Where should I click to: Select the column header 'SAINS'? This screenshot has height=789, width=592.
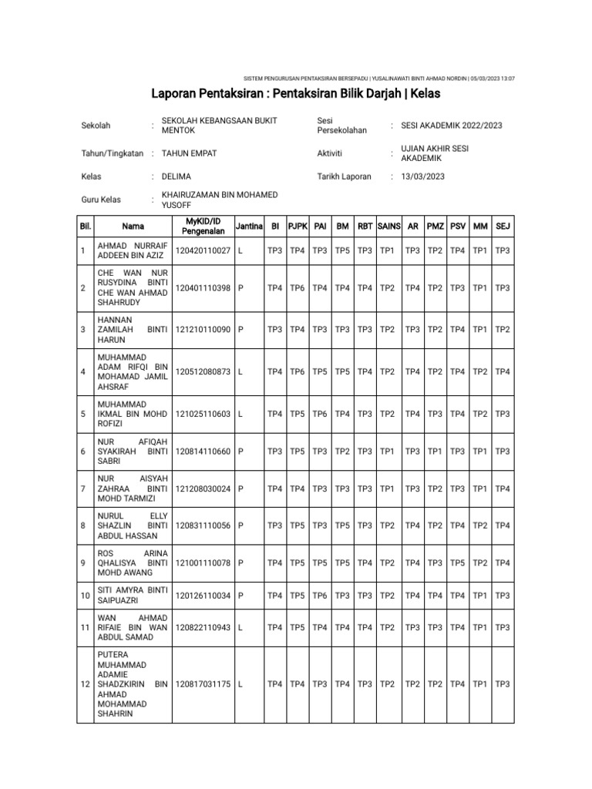coord(388,227)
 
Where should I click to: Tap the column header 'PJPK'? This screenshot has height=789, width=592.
coord(297,227)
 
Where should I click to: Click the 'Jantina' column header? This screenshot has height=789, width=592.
coord(249,227)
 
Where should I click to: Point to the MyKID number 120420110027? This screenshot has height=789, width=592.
coord(203,251)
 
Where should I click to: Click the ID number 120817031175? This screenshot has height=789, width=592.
coord(203,684)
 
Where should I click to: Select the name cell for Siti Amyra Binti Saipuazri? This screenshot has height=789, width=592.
coord(132,595)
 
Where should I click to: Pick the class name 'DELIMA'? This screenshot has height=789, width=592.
coord(176,176)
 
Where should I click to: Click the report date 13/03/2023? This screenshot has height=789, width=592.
coord(422,176)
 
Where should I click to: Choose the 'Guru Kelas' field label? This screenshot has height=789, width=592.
coord(101,200)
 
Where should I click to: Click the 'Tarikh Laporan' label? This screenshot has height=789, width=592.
coord(344,176)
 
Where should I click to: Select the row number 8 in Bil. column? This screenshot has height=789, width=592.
coord(83,525)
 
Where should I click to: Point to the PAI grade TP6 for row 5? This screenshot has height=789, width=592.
coord(320,414)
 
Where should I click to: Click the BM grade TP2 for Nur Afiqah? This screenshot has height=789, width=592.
coord(342,451)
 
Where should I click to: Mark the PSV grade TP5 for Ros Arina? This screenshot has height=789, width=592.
coord(457,562)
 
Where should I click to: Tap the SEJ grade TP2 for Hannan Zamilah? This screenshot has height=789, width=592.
coord(503,329)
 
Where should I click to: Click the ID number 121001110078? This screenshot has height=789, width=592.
coord(203,562)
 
